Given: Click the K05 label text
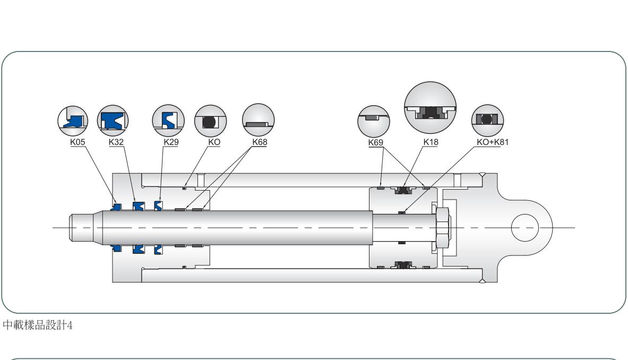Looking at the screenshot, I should click(x=79, y=142).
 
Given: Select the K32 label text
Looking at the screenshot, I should click(x=116, y=142).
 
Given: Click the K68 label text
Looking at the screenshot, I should click(x=259, y=142).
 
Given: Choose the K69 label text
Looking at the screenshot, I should click(x=375, y=142).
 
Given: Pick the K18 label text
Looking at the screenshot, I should click(x=431, y=142).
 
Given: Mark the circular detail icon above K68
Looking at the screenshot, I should click(x=259, y=121).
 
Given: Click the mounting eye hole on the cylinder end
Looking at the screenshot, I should click(x=524, y=228).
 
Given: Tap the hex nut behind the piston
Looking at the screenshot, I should click(x=443, y=228).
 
